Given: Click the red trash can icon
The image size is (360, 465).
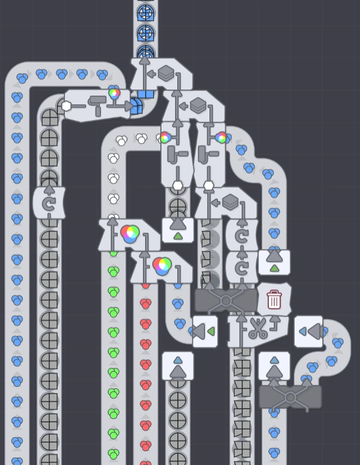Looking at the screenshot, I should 274,300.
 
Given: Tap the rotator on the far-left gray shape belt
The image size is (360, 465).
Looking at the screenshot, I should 49,203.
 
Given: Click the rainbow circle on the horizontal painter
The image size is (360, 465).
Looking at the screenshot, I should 115,93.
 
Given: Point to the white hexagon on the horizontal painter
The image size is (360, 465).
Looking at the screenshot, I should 67,106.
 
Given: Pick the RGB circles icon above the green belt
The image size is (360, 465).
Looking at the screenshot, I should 130,234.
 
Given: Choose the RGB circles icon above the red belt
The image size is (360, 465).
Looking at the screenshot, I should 162,266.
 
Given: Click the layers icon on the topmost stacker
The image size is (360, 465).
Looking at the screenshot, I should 166,73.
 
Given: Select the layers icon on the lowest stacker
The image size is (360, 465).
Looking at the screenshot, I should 230,202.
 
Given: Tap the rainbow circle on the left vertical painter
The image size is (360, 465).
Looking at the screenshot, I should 165,137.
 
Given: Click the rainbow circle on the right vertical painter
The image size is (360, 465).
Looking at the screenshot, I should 221,137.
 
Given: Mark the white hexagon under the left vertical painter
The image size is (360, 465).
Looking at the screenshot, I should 178,186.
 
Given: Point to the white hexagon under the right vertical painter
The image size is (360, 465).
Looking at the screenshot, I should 209,186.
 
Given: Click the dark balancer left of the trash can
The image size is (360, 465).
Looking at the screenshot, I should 226,300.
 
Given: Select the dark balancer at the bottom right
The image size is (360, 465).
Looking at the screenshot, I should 290,396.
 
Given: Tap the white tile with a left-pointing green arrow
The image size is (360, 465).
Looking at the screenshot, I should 205,331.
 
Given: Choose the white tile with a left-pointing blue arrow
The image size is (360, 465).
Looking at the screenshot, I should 308,331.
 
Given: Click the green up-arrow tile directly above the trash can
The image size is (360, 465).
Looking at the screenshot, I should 274,262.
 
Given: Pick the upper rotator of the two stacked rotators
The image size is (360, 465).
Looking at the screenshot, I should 241,236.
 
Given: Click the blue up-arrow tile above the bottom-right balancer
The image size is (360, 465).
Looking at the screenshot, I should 274,366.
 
